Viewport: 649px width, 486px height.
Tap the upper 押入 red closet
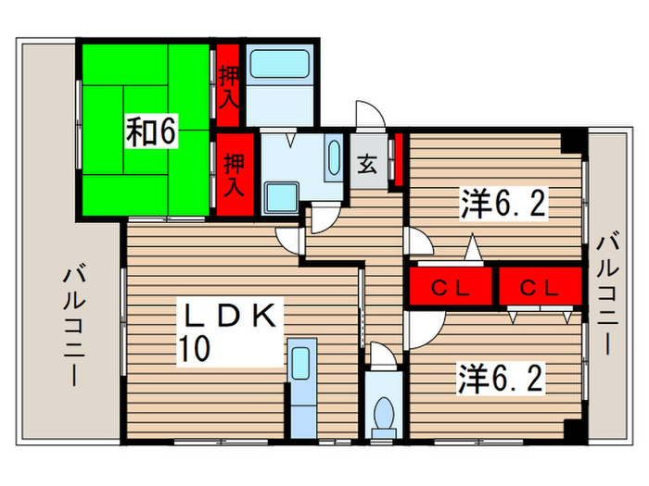tap(228, 86)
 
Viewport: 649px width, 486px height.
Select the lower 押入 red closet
tap(234, 174)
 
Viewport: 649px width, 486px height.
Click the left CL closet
tap(452, 288)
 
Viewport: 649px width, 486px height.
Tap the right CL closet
tap(541, 288)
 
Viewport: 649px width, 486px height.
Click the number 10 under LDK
tap(197, 348)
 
